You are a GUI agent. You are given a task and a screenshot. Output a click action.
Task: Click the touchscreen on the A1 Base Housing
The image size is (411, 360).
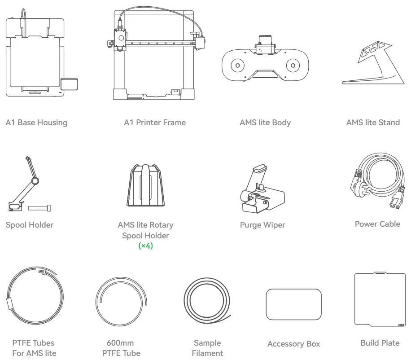click(69, 84)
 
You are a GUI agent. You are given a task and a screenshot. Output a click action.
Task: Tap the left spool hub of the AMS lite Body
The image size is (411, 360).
click(237, 65)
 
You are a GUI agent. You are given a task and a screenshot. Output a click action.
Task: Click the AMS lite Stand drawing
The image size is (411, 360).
click(373, 63)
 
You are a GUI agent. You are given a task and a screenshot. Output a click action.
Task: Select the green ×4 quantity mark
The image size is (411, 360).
click(145, 246)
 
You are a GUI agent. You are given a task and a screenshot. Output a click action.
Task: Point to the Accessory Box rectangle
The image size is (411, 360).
click(293, 304)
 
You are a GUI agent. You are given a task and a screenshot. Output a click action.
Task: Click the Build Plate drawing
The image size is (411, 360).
click(380, 299)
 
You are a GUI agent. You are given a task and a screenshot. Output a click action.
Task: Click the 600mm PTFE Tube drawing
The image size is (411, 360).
click(121, 302)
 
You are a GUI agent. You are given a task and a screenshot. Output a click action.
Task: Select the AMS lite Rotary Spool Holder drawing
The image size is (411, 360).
click(146, 185)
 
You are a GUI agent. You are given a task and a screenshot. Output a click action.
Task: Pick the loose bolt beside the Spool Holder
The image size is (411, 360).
click(39, 208)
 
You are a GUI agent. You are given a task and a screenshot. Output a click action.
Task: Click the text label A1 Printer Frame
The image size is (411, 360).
click(155, 123)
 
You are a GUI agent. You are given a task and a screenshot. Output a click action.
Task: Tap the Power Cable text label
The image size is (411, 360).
click(377, 224)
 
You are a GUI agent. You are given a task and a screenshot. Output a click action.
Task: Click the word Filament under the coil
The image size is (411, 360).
click(207, 353)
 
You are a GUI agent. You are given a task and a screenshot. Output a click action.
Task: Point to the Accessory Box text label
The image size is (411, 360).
click(293, 344)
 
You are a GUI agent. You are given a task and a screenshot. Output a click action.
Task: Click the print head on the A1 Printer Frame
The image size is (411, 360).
click(121, 40)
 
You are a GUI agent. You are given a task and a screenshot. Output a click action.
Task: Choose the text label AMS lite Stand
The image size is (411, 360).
click(373, 123)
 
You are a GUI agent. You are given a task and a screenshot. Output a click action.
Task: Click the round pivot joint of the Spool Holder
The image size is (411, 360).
click(35, 181)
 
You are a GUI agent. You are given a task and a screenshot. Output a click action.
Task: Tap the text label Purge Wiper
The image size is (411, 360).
click(262, 225)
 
